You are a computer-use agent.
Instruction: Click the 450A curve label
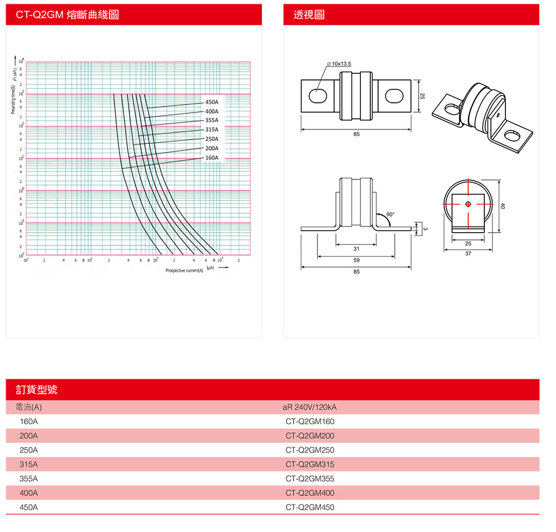[212, 102]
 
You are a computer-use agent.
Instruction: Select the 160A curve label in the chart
[212, 158]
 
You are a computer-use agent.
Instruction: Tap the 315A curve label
[212, 129]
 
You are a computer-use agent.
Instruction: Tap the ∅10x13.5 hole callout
[340, 64]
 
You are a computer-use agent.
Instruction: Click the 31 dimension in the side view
[356, 248]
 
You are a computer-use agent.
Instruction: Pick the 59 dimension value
[356, 260]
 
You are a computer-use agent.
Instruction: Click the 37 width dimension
[468, 254]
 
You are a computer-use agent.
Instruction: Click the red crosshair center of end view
[468, 204]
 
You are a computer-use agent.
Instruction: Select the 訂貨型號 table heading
[37, 389]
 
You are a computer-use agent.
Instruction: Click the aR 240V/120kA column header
[310, 408]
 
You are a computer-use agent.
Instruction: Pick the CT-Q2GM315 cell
[310, 464]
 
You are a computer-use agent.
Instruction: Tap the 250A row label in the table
[29, 450]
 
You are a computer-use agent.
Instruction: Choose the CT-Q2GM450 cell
[310, 507]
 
